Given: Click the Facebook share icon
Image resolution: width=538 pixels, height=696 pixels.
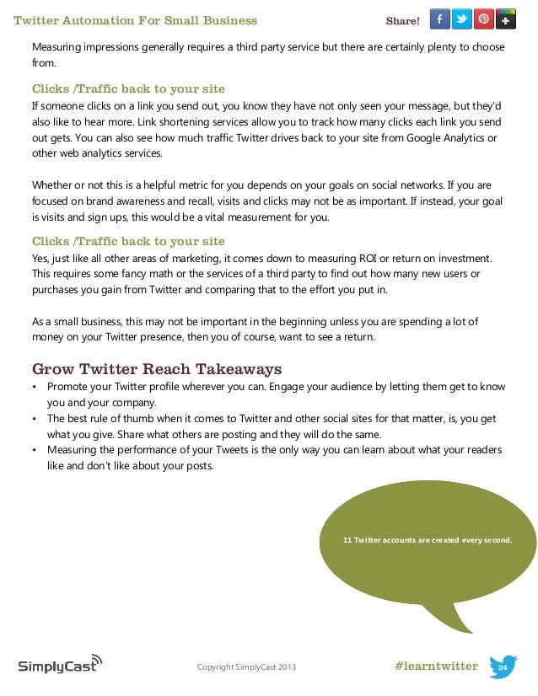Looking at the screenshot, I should [x=440, y=19].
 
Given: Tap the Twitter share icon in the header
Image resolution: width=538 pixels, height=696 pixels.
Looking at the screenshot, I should [x=462, y=19].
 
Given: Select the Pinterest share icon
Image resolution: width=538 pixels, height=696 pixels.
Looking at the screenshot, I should [x=484, y=19].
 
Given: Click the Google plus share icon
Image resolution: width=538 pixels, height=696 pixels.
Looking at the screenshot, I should [x=506, y=19].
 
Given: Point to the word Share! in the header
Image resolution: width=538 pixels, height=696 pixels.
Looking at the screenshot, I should [x=402, y=20].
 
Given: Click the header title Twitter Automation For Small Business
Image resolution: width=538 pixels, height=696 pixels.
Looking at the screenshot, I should [x=136, y=19].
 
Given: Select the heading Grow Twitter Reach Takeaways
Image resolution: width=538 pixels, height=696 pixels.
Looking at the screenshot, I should [x=156, y=369].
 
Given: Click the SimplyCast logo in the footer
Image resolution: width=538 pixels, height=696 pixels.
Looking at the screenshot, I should [x=60, y=665].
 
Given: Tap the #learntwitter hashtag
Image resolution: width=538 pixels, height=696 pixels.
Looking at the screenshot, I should [x=436, y=667].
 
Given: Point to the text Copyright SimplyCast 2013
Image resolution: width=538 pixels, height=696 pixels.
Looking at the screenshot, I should [x=246, y=668].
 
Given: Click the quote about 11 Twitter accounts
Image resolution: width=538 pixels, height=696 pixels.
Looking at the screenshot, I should [x=428, y=539].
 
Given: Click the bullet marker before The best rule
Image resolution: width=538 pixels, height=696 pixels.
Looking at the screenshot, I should [x=35, y=418].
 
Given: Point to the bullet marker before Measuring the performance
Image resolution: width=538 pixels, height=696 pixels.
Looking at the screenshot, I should [x=35, y=450].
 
